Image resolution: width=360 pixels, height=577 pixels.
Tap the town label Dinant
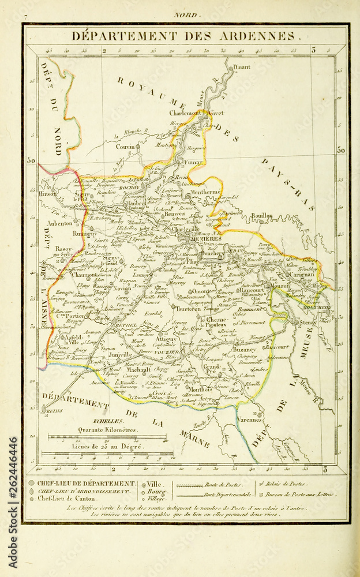[x=242, y=67]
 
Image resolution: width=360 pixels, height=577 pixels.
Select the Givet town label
[x=217, y=114]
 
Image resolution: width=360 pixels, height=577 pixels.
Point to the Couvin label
[x=125, y=147]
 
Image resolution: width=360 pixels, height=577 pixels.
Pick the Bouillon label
[x=261, y=216]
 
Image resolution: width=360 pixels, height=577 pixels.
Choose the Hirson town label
[x=48, y=194]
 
